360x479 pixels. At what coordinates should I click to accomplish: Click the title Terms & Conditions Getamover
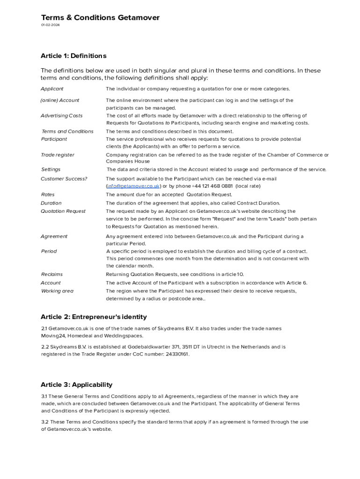point(100,18)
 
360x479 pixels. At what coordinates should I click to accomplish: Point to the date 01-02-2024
point(50,25)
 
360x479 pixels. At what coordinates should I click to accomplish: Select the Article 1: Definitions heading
point(73,56)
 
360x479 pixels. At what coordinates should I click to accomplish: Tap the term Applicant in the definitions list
point(52,89)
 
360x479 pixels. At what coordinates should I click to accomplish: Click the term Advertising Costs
point(61,116)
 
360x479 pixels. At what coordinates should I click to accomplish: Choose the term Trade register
point(57,155)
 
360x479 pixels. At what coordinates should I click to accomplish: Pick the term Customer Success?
point(64,179)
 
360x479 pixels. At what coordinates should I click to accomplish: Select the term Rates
point(48,195)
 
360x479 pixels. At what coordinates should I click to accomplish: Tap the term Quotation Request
point(63,211)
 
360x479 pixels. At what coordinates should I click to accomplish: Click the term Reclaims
point(51,275)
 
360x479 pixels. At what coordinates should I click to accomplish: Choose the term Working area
point(57,291)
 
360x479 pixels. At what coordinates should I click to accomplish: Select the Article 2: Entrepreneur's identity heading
point(94,317)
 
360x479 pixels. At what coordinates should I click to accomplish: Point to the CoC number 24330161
point(176,354)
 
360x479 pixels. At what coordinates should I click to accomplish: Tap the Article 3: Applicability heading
point(76,385)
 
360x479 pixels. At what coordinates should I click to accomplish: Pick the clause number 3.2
point(45,422)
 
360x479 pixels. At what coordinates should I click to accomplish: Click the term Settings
point(50,170)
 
